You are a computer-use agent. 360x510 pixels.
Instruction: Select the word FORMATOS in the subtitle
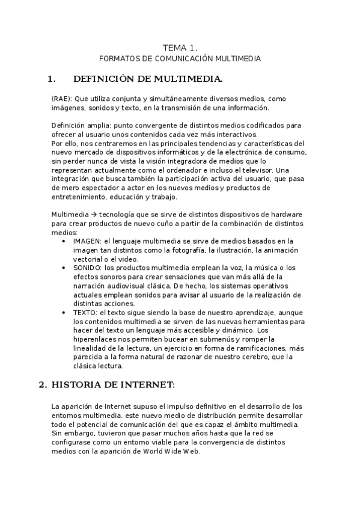coord(118,59)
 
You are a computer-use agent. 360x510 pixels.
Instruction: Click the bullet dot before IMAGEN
coord(65,241)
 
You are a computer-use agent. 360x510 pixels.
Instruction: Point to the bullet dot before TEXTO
coord(65,312)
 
